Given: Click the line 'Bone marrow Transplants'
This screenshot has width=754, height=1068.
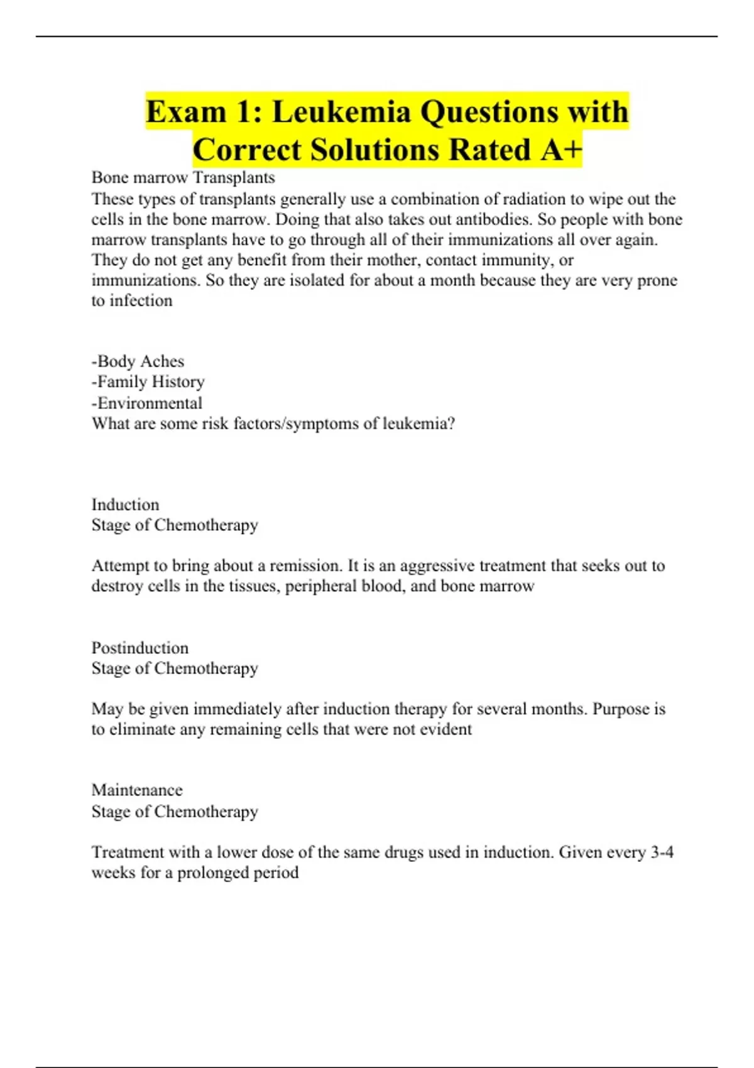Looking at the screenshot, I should (183, 178).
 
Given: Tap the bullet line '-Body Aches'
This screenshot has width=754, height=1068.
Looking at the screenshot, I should (138, 361).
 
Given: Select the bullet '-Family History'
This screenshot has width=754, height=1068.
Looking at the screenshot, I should (148, 382).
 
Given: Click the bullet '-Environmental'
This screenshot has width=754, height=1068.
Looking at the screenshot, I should (147, 403).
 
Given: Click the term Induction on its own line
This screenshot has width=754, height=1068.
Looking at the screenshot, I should (125, 504).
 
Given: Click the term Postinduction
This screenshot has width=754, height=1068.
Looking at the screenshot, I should (139, 648).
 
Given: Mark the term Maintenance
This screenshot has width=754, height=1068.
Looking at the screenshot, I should (137, 790).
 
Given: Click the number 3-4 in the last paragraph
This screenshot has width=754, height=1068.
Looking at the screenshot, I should (662, 852).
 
